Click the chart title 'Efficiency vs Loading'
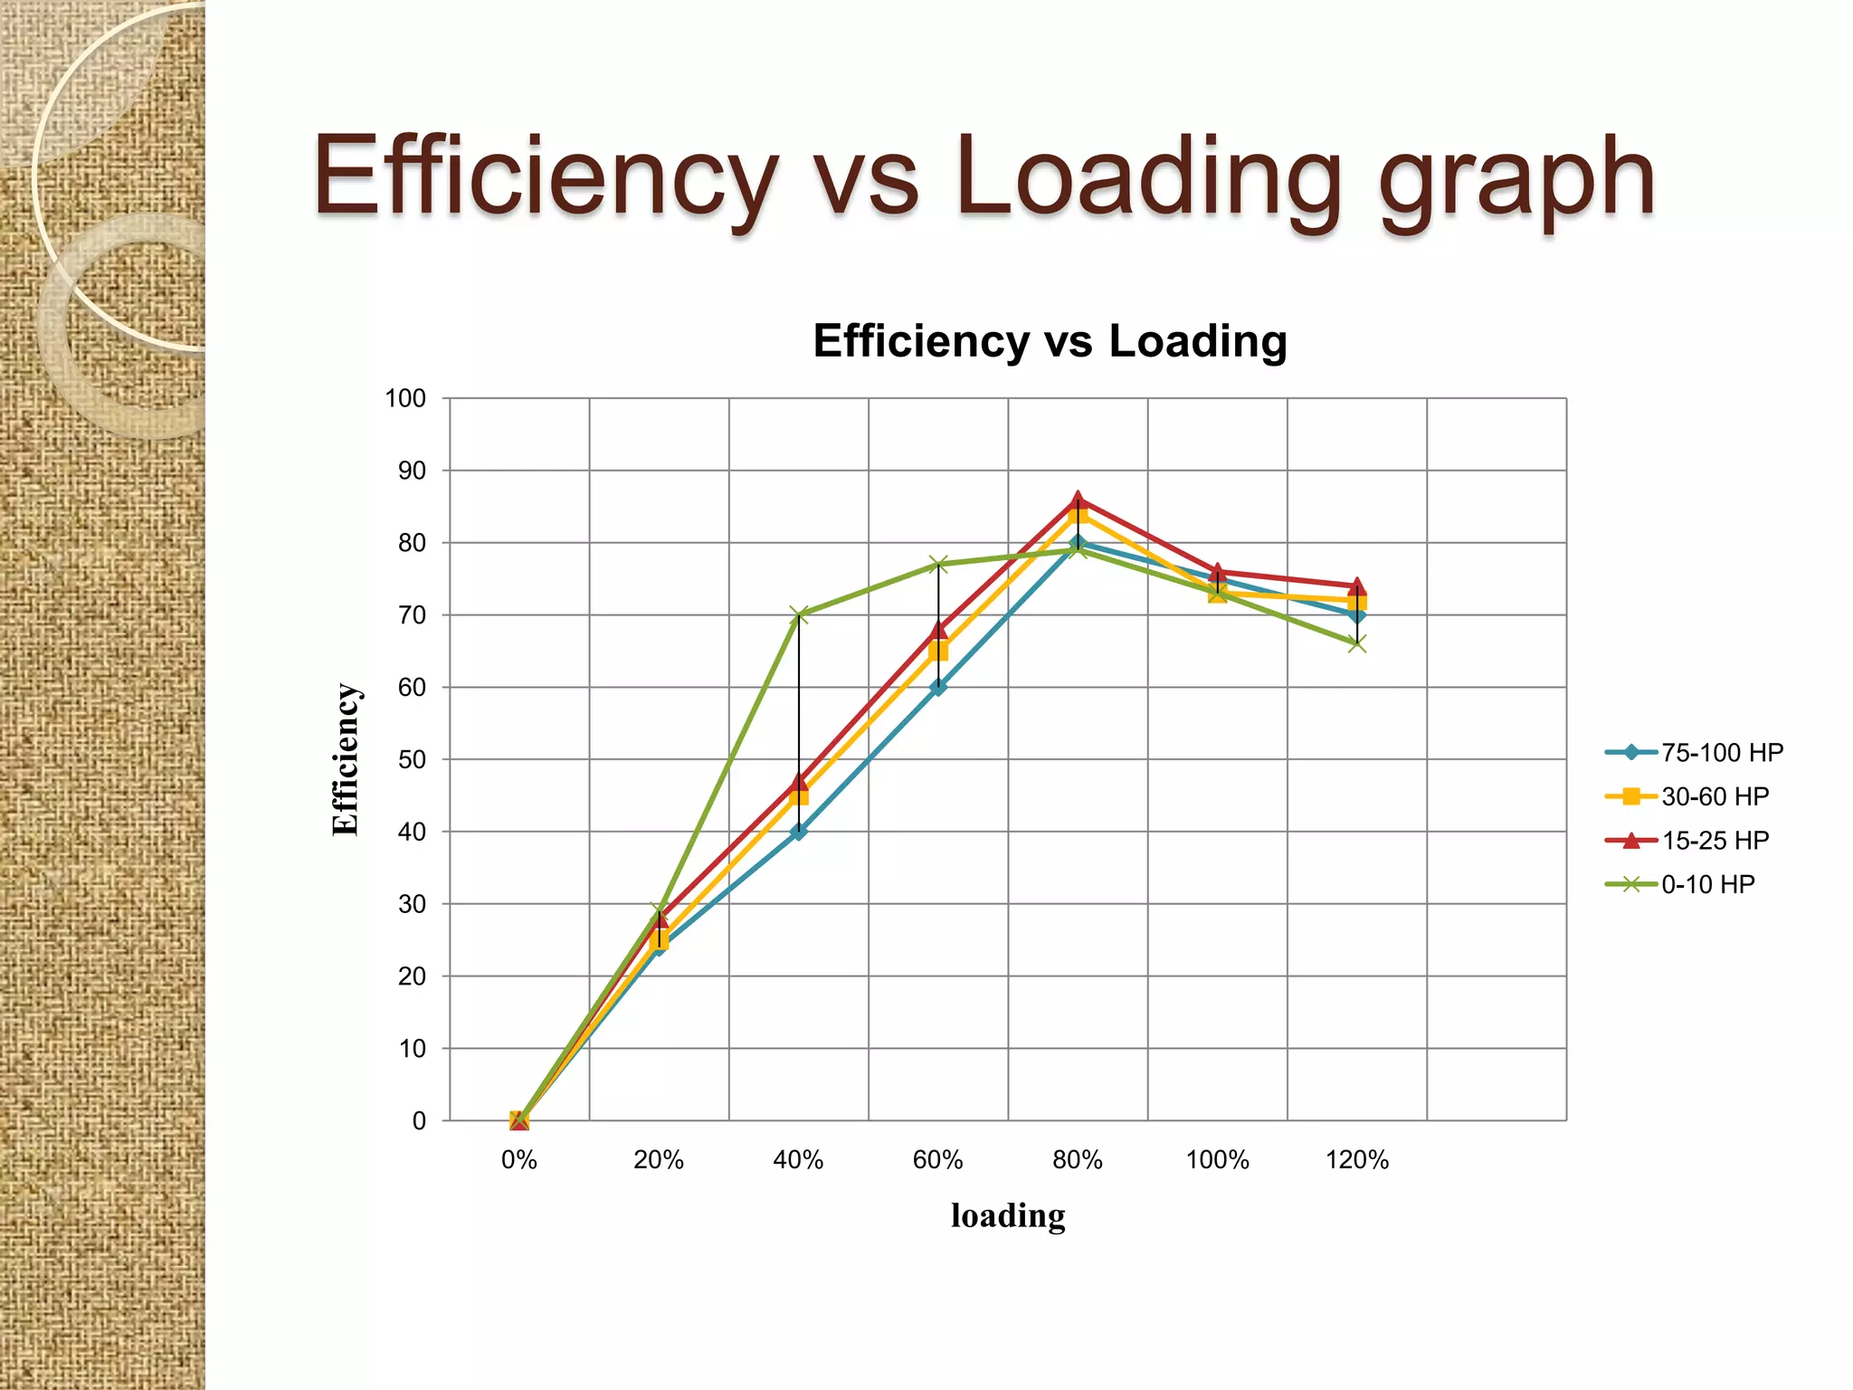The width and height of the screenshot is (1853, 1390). (1050, 341)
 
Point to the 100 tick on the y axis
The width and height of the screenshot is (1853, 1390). (405, 398)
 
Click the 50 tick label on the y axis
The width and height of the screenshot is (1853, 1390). (412, 759)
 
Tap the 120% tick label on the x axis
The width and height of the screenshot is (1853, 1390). (1357, 1160)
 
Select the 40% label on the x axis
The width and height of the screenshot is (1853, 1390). (798, 1160)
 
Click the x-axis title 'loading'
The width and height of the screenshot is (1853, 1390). (1008, 1215)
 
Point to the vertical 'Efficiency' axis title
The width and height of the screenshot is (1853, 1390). (346, 759)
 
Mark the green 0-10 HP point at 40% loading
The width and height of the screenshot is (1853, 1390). (799, 615)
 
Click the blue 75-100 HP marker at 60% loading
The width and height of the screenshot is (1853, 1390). (938, 687)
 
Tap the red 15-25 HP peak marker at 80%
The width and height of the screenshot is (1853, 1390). (1078, 500)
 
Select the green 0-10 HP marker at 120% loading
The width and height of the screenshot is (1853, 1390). (1357, 643)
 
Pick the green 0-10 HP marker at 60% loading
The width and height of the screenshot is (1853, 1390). (938, 565)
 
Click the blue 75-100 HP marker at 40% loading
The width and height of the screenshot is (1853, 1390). (799, 832)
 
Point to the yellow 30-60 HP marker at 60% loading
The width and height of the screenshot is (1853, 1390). (938, 652)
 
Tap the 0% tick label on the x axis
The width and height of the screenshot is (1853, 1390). (518, 1160)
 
